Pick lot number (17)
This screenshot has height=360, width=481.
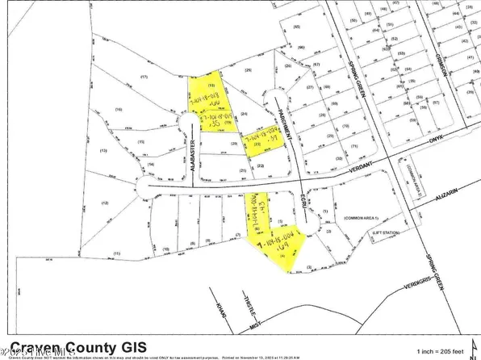[x=144, y=77]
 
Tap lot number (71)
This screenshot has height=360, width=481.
[x=354, y=147]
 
